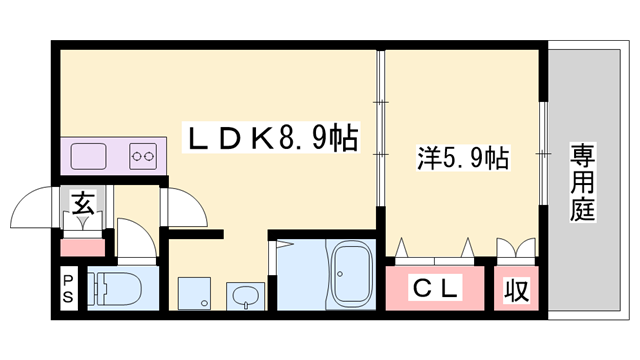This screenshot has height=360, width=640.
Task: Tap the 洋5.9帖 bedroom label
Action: point(463,157)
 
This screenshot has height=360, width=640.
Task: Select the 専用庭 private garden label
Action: point(582,182)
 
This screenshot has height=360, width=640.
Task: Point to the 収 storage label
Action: point(516,290)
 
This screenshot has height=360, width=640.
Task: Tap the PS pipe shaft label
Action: point(68,289)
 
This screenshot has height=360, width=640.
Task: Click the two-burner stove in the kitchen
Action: point(143,156)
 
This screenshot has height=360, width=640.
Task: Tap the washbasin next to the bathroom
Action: point(244,296)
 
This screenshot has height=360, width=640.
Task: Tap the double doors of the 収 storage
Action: point(514,246)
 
